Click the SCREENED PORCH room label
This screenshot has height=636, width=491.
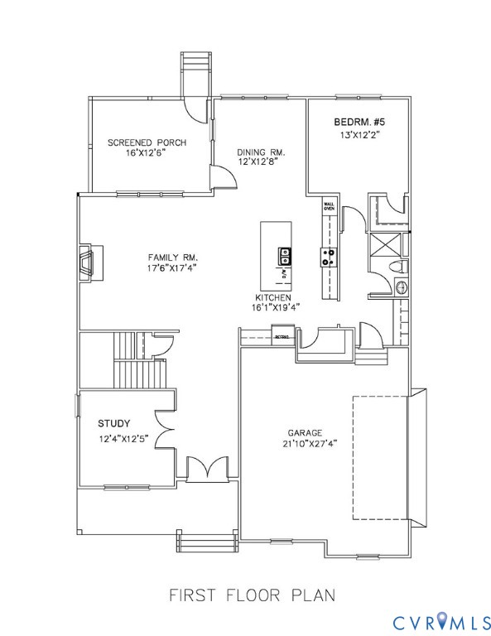point(147,142)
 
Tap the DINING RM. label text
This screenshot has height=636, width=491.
point(260,152)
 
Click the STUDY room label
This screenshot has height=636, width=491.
point(114,423)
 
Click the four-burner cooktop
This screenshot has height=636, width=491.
point(329,257)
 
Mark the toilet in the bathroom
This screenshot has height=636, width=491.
point(397,266)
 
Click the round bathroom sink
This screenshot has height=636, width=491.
point(402,288)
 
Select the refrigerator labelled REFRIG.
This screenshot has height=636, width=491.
point(284,336)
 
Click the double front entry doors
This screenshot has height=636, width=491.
point(203,470)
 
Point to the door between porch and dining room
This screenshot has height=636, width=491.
point(221,176)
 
